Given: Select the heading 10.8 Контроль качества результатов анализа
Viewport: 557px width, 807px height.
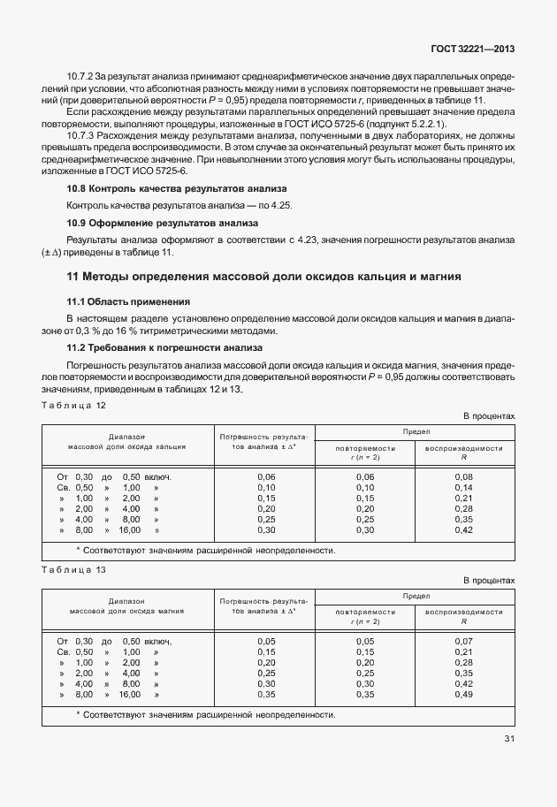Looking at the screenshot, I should [177, 190].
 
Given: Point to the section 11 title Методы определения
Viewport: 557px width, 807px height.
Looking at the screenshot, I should [264, 277].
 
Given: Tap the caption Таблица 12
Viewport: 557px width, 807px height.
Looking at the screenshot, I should [73, 404].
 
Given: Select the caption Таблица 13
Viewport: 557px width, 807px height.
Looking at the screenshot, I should [73, 570].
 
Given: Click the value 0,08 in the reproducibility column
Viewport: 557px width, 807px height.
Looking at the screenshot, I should [463, 477].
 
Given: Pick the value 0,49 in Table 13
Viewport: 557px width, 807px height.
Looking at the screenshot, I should [463, 695].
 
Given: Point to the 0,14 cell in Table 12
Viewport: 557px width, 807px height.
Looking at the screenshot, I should [463, 488].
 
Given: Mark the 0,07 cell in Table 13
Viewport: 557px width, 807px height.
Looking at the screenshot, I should [463, 642].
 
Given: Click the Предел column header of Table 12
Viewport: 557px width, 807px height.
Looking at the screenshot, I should [416, 431].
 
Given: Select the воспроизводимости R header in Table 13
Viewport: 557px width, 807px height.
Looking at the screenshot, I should [464, 617].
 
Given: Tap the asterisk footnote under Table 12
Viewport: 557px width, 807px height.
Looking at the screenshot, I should [205, 551].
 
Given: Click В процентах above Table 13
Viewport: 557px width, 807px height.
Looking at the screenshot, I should [489, 581].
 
